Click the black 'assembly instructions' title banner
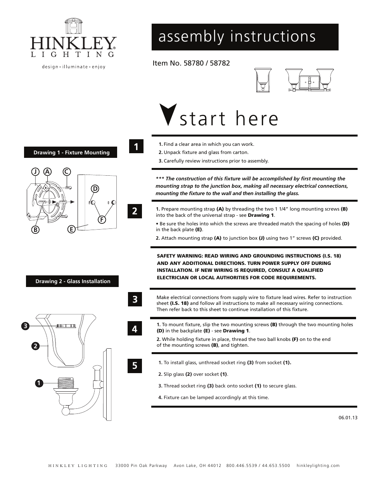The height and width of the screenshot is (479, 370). tap(245, 37)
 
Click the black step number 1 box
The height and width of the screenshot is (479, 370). tap(136, 147)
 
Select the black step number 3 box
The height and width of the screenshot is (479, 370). tap(135, 299)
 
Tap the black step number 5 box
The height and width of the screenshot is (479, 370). tap(135, 366)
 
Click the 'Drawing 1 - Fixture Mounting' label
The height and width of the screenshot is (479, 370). tap(71, 152)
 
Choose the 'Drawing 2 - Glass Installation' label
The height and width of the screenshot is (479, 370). tap(73, 281)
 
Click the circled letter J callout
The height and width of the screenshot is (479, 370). tap(35, 171)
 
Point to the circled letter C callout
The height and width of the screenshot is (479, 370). tap(67, 171)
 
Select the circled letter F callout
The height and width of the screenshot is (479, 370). tap(102, 220)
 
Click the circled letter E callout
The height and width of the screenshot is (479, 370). tap(71, 229)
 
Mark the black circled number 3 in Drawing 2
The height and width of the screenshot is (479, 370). tap(25, 326)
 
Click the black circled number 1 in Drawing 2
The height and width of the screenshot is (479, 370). tap(38, 383)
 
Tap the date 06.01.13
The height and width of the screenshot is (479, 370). tap(348, 418)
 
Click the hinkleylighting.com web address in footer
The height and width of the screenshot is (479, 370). tap(318, 465)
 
